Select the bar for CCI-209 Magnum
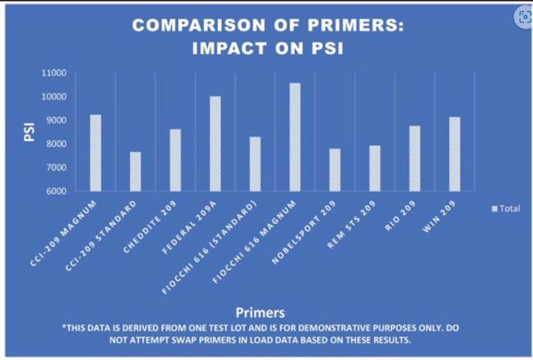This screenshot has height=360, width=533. tap(95, 153)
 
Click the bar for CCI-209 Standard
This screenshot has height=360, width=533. tap(135, 171)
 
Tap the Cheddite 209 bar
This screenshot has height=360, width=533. tap(175, 160)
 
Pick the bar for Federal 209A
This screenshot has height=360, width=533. tap(215, 143)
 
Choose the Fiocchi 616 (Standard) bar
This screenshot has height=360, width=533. tap(255, 164)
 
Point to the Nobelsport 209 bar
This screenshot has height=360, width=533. tap(335, 170)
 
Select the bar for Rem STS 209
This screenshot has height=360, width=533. tap(375, 169)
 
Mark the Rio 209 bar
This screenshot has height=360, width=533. tap(415, 158)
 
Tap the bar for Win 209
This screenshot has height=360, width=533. tap(455, 154)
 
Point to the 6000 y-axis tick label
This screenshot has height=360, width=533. tap(55, 191)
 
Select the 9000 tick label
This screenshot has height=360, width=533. tap(55, 120)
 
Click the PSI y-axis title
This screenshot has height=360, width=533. tap(31, 132)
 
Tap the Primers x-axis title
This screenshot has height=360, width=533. tap(261, 312)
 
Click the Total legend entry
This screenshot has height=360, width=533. tap(506, 208)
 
